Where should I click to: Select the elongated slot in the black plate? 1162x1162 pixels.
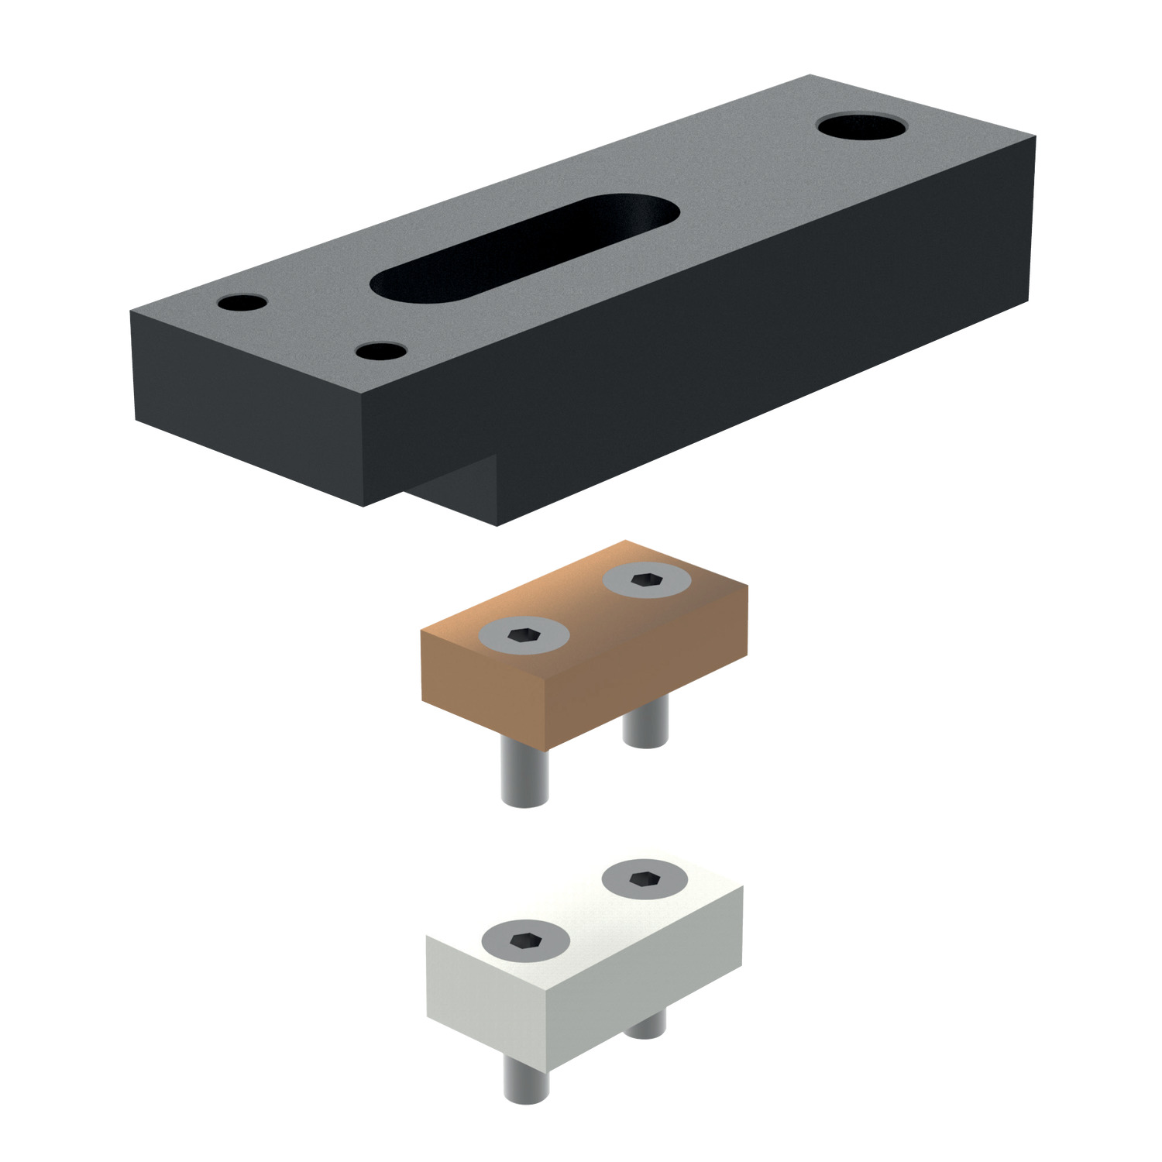[525, 245]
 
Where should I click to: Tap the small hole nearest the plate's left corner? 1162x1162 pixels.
[242, 303]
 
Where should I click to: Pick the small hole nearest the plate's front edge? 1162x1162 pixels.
[382, 351]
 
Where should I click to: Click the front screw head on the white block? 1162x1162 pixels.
[525, 940]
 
